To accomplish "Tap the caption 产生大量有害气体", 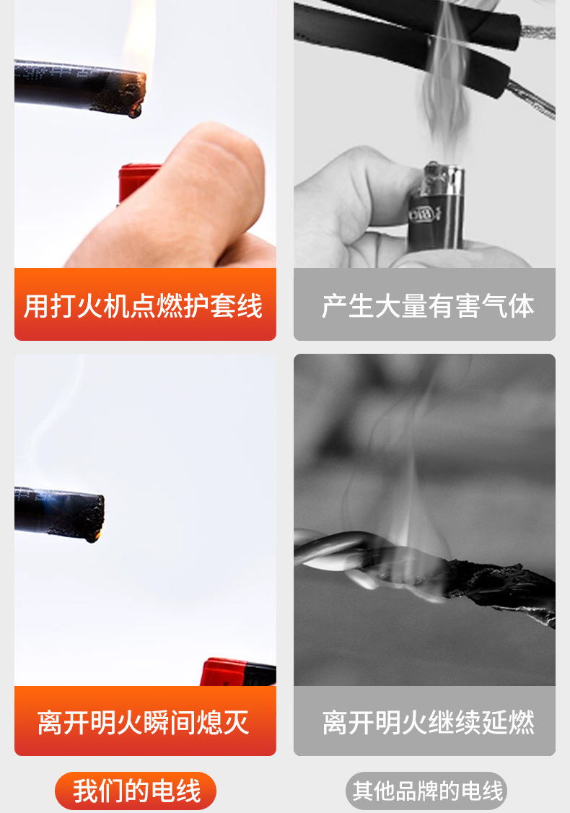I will [x=427, y=305].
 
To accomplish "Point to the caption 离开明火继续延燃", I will [x=427, y=721].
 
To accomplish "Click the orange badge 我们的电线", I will [x=136, y=791].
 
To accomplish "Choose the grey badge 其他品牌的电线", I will [x=426, y=791].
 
